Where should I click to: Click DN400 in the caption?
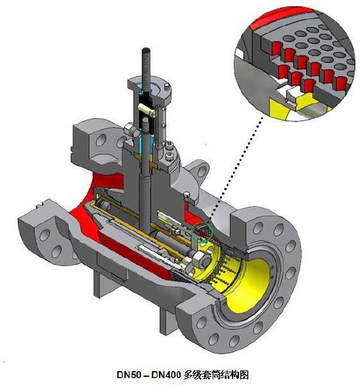tap(165, 374)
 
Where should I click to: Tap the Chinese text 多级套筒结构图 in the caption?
tap(216, 374)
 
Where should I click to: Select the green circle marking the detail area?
tap(202, 232)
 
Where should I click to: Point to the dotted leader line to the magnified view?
tap(236, 168)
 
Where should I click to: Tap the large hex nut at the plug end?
tap(202, 260)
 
